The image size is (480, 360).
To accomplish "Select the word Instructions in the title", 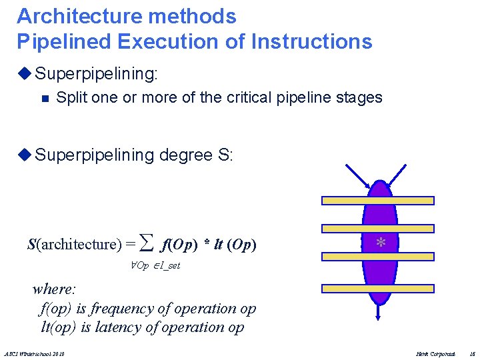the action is pos(312,41).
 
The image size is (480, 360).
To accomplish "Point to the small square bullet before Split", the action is pos(45,99).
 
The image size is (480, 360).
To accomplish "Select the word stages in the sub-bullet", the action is pos(359,97).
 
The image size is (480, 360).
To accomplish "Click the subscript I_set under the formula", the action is pos(167,265).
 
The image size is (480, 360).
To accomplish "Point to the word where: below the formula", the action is pos(55,289).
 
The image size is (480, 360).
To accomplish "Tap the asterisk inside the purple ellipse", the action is pos(380,243).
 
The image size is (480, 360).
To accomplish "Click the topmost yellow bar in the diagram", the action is pos(378,200).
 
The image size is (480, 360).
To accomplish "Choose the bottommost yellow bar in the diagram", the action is pos(378,289).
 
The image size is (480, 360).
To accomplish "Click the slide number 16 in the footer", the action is pos(471,353).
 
